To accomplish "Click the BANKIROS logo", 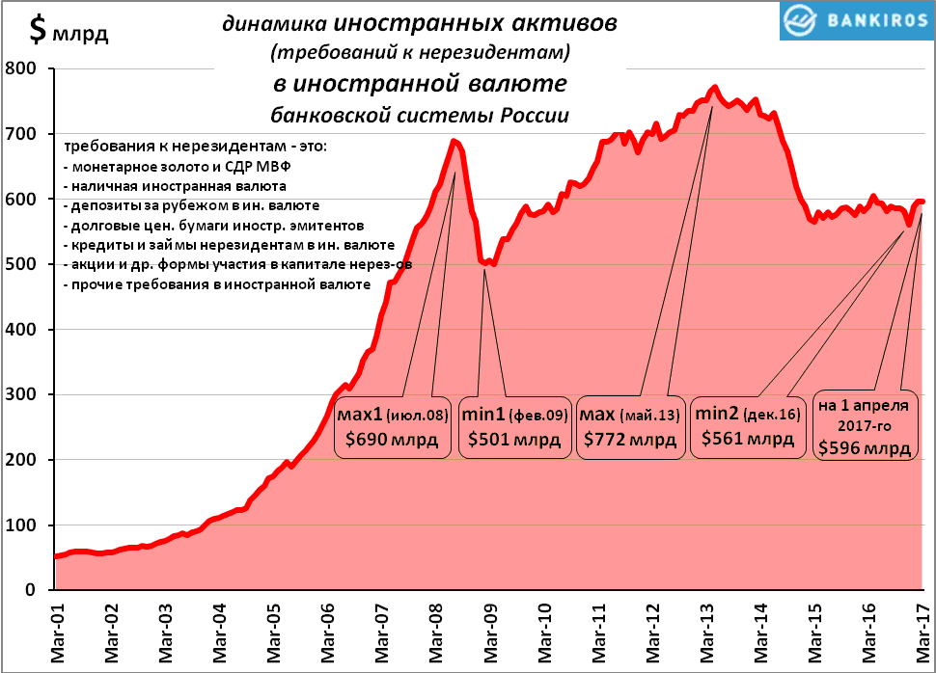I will [854, 20].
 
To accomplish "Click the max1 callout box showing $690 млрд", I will [392, 426].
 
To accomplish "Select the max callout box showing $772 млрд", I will [631, 426].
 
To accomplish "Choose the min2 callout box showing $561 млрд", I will [748, 426].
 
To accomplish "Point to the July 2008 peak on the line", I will [454, 142].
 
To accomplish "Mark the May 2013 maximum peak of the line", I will [714, 88].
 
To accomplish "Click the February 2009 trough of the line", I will [486, 262].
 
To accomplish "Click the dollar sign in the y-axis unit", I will [37, 31].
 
